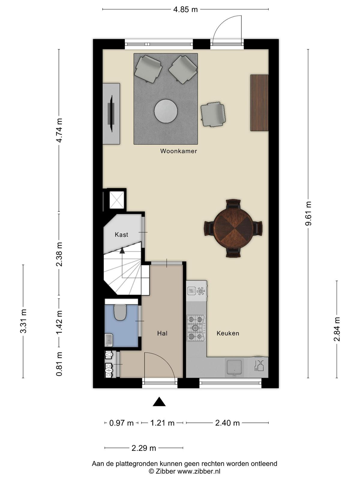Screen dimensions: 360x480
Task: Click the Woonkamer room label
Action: (x=178, y=151)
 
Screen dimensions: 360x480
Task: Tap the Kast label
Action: (x=121, y=235)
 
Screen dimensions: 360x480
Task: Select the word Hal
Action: (x=162, y=333)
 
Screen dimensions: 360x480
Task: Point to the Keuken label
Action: (x=228, y=333)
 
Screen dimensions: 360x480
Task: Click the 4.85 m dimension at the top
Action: (x=185, y=9)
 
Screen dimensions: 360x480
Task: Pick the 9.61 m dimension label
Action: (x=308, y=214)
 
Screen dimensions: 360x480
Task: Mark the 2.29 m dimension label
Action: (x=144, y=448)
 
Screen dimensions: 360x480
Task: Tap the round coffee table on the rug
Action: (x=166, y=111)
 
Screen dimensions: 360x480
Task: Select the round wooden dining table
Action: (x=233, y=229)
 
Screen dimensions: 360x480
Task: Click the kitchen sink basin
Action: (x=234, y=367)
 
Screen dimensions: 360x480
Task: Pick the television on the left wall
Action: (x=112, y=114)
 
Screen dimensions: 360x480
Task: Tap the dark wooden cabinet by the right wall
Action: (x=259, y=103)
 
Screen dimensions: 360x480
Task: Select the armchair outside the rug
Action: (x=213, y=114)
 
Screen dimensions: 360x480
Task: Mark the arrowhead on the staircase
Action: (x=122, y=250)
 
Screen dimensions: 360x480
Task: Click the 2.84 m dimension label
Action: (x=337, y=329)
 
